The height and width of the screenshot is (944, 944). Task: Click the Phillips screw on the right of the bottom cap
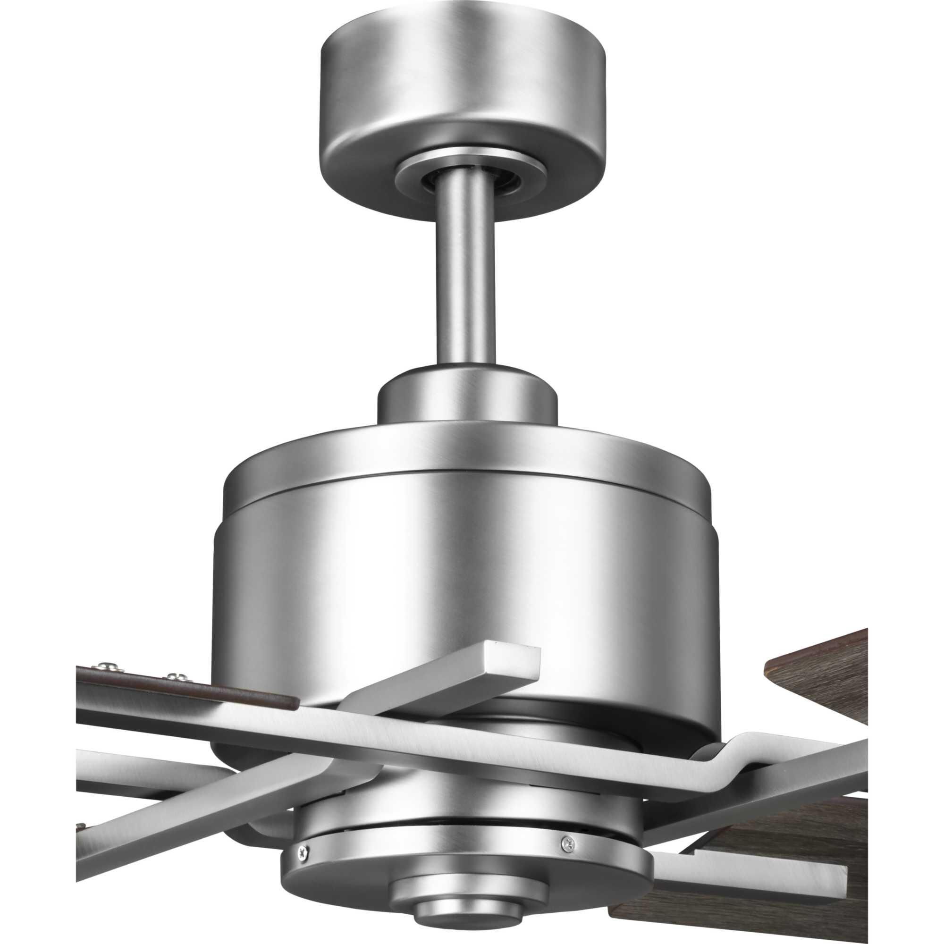point(567,828)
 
